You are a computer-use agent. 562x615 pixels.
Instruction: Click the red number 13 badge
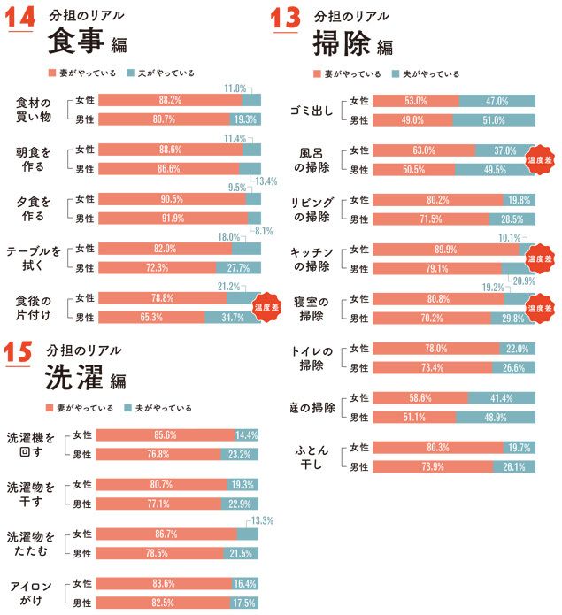(x=286, y=19)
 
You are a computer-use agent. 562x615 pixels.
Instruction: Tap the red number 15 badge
(x=19, y=352)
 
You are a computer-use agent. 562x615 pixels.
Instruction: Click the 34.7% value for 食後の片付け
(x=233, y=316)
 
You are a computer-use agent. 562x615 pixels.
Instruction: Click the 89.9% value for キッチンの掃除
(x=445, y=250)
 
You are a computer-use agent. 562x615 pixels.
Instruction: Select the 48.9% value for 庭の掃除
(x=496, y=417)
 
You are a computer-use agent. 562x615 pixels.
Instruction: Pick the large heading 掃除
(x=343, y=43)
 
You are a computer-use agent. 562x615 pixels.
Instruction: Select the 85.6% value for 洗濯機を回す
(x=166, y=435)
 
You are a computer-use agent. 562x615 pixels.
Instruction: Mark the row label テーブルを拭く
(x=35, y=258)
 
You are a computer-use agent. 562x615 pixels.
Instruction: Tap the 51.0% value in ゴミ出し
(x=496, y=120)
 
